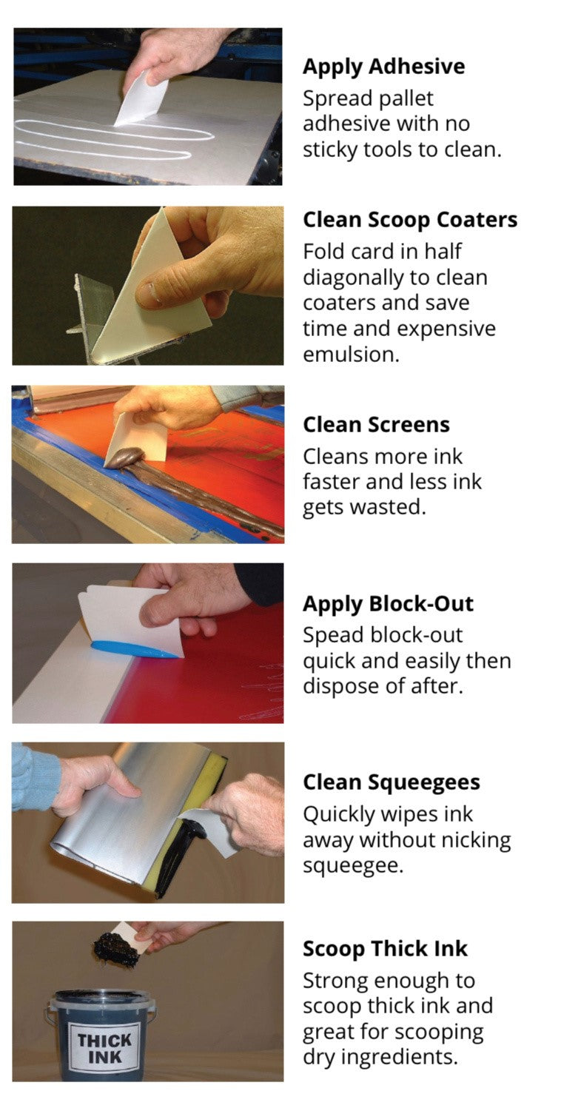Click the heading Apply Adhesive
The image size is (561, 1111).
(x=383, y=67)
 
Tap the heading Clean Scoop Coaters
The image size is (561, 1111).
(x=410, y=220)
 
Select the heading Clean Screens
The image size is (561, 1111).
(x=376, y=425)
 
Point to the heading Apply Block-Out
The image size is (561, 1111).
(x=388, y=604)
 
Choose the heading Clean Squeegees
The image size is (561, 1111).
(x=392, y=782)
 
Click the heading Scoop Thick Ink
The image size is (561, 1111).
(x=385, y=949)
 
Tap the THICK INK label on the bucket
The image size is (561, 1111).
(x=104, y=1050)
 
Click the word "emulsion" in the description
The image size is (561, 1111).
(x=351, y=354)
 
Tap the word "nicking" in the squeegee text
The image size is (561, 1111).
(x=472, y=841)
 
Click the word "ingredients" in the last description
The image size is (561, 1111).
(x=380, y=1057)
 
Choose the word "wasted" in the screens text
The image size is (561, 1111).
(x=389, y=508)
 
